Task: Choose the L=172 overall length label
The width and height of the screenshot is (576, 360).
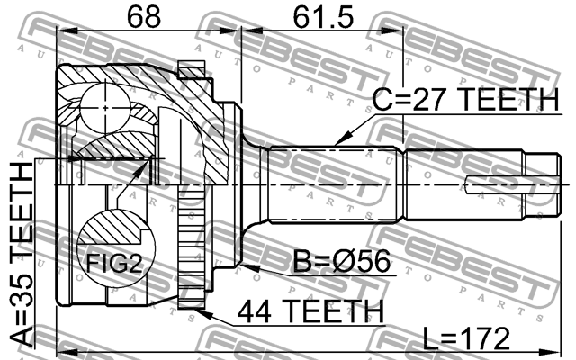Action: coord(466,338)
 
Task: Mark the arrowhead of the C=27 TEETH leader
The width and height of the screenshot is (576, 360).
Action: coord(335,145)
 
